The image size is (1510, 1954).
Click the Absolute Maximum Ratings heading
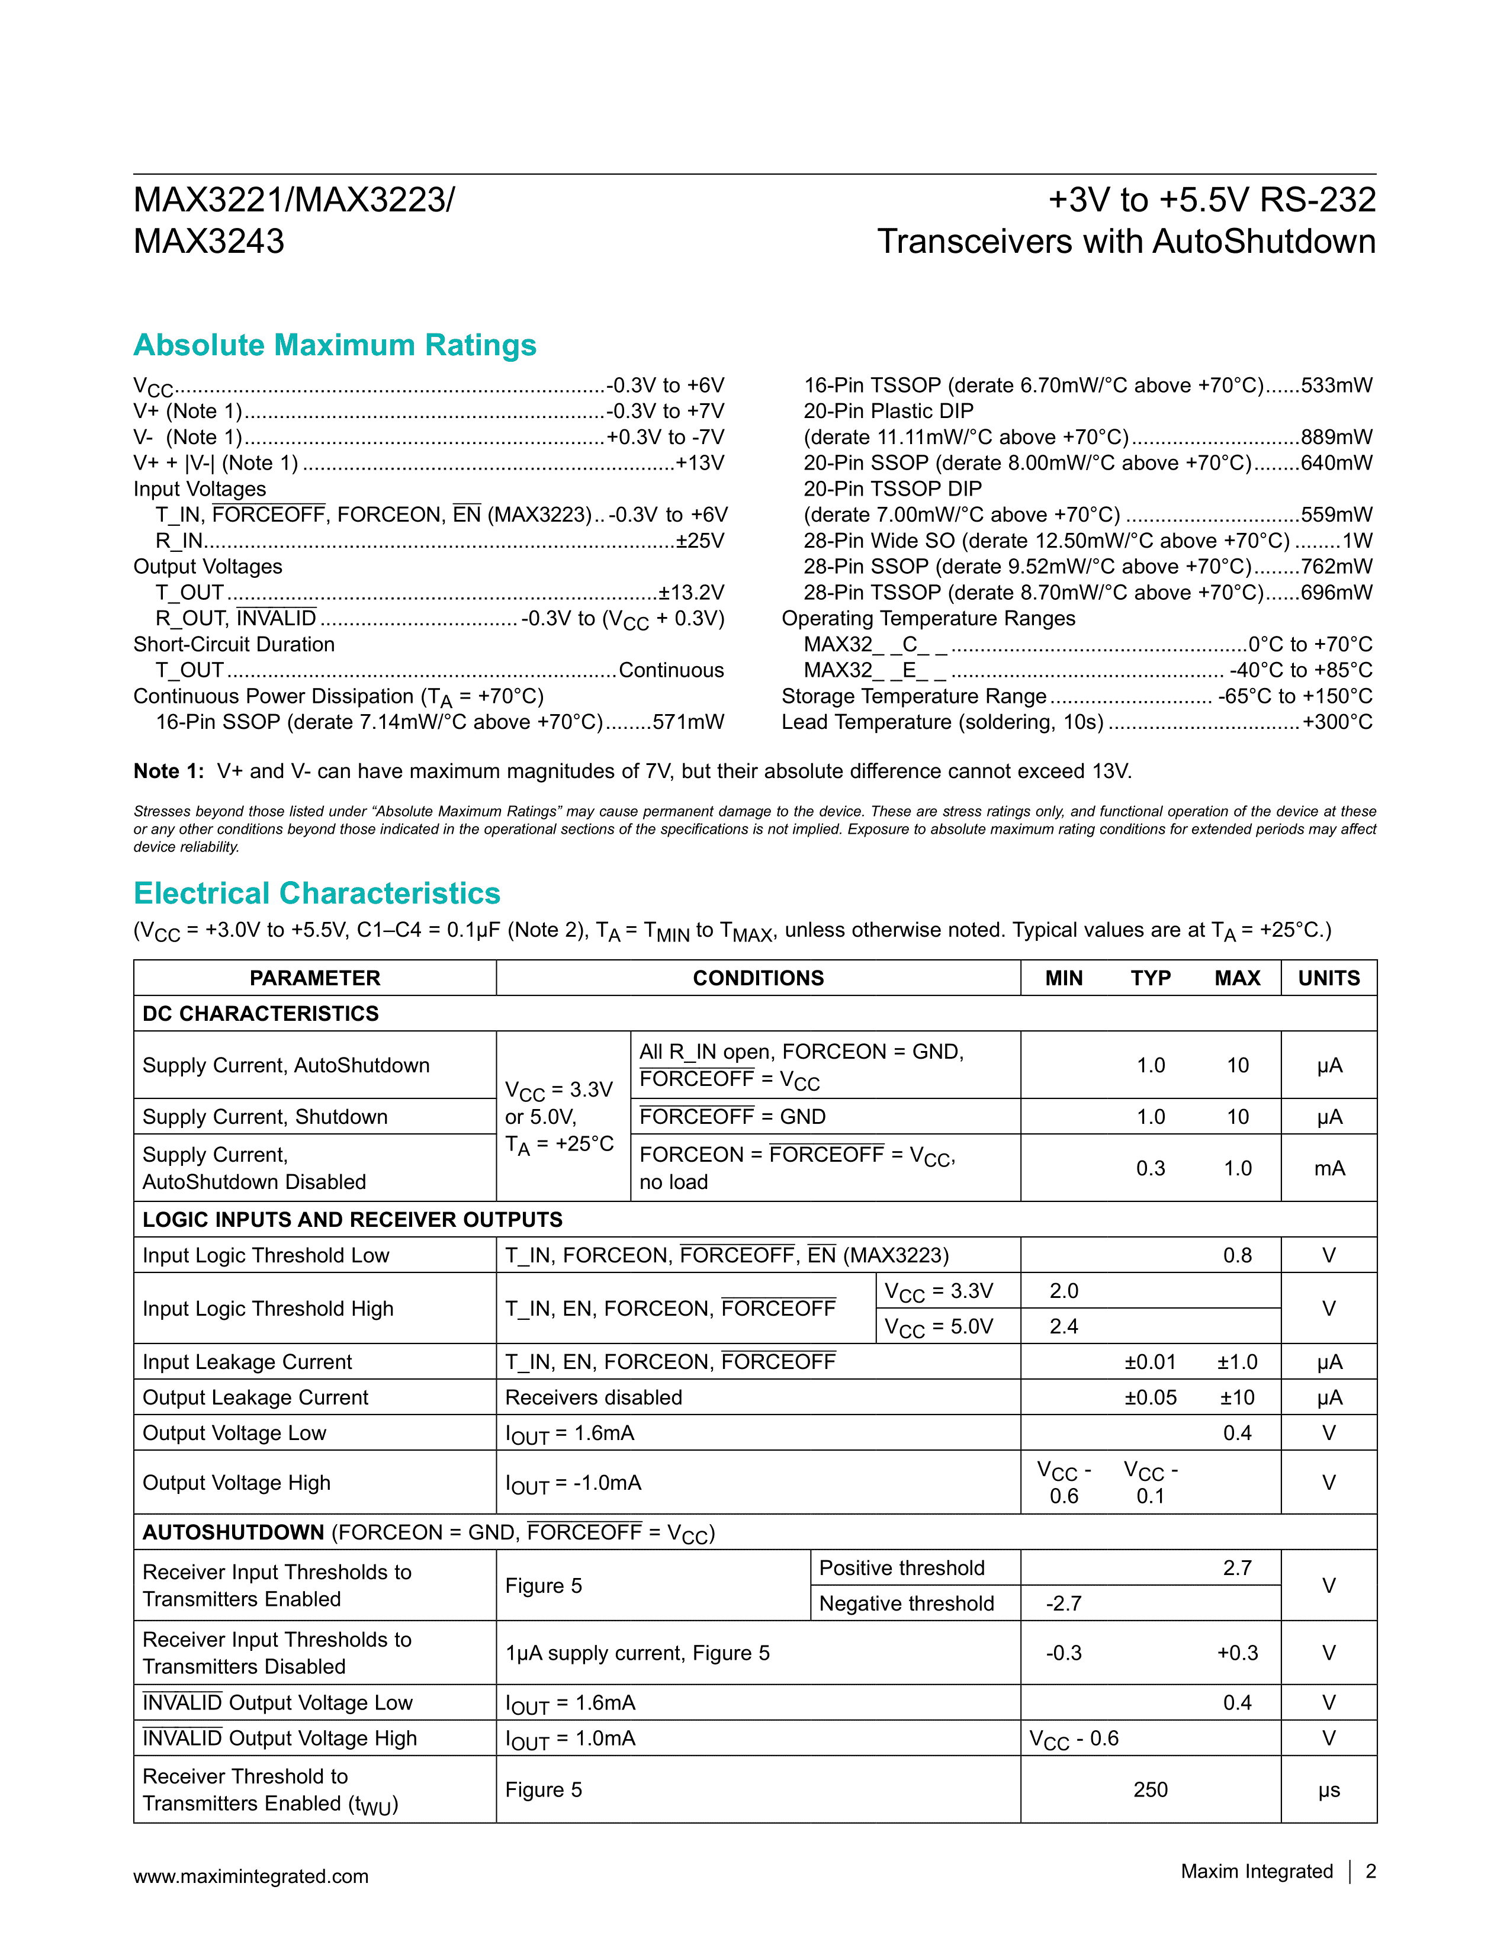335,345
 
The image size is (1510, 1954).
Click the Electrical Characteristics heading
317,894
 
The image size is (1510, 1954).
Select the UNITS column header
1328,978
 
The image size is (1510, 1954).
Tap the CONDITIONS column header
758,978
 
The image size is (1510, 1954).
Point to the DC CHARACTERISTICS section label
261,1014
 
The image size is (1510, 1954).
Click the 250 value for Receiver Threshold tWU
1151,1789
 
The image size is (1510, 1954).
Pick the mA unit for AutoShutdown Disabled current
1328,1168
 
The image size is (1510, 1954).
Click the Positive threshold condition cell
902,1569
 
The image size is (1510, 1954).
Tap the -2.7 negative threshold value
1064,1603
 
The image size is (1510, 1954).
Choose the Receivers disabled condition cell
593,1397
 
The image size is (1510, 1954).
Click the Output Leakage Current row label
255,1397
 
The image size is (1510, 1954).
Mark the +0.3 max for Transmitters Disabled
1237,1653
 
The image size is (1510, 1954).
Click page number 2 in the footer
1370,1872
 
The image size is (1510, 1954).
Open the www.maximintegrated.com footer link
250,1876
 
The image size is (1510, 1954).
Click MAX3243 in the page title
208,242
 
